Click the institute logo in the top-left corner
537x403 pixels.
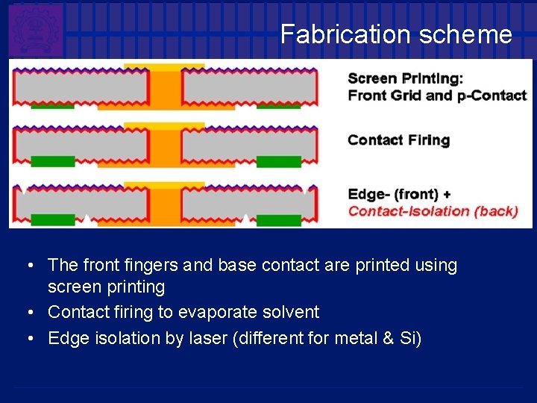pyautogui.click(x=36, y=30)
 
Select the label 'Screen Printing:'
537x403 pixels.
pyautogui.click(x=405, y=78)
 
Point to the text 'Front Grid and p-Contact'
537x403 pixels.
pyautogui.click(x=437, y=96)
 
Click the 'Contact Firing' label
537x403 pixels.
pyautogui.click(x=398, y=140)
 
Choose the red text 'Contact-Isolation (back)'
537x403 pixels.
pyautogui.click(x=433, y=211)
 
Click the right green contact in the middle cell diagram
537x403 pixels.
pyautogui.click(x=278, y=161)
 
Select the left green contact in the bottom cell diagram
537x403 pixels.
pyautogui.click(x=52, y=219)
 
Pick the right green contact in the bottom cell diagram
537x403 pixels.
pyautogui.click(x=278, y=219)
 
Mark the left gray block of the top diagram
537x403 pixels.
pyautogui.click(x=81, y=89)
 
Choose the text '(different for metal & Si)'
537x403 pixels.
pyautogui.click(x=327, y=338)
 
